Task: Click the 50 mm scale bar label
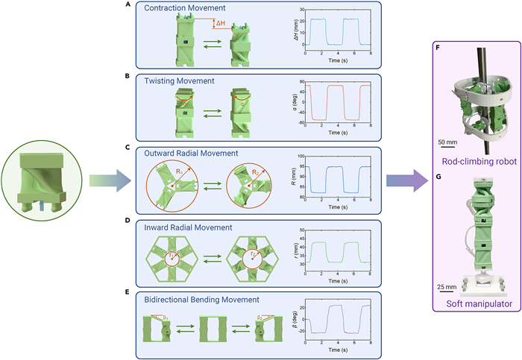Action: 446,142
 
